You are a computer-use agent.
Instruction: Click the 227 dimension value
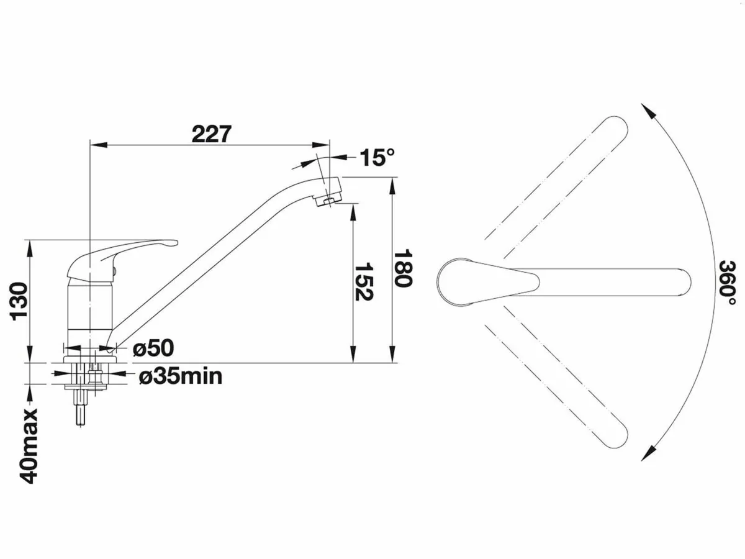(211, 134)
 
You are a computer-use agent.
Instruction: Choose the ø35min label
(180, 376)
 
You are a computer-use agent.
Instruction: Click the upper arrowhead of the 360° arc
(649, 112)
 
